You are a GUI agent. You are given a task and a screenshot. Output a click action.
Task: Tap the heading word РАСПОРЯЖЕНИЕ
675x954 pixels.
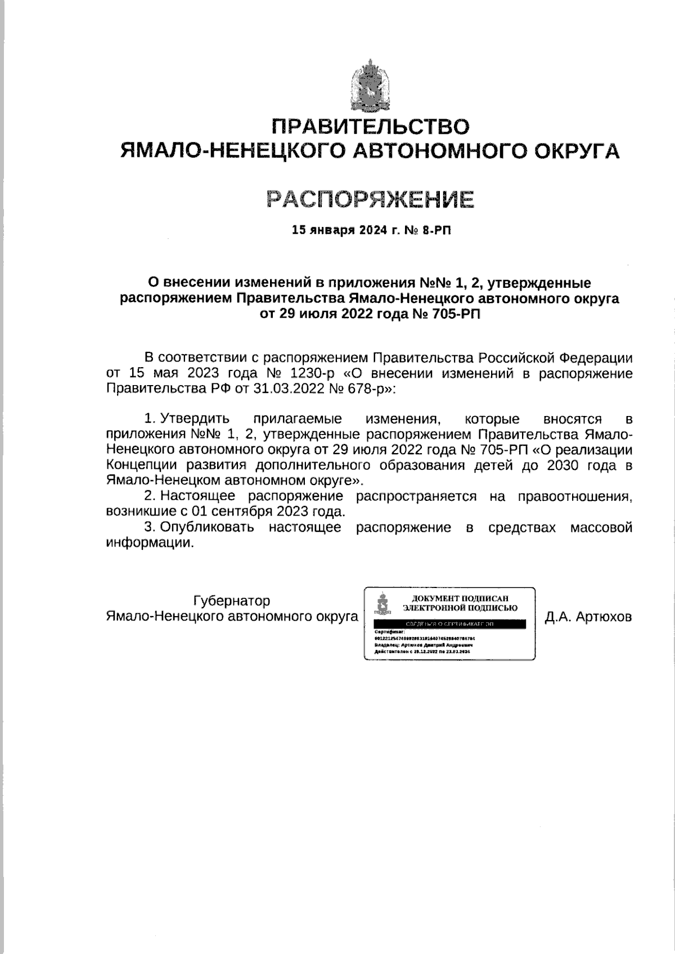370,198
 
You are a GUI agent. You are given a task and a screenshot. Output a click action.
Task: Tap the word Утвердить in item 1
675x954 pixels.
195,419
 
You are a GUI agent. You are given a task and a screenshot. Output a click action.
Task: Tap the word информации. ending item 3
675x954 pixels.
149,543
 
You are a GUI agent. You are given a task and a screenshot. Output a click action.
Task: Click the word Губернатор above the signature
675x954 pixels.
232,601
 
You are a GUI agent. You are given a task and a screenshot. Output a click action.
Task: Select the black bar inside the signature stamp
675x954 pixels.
449,625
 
